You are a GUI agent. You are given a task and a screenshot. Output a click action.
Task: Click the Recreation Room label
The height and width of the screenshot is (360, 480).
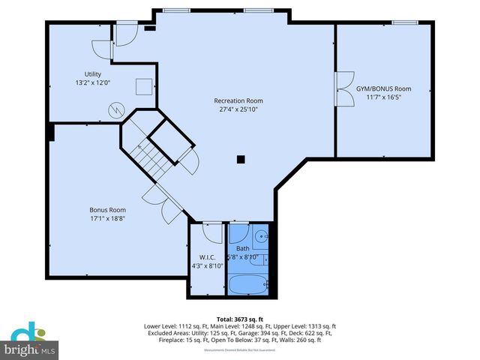(238, 100)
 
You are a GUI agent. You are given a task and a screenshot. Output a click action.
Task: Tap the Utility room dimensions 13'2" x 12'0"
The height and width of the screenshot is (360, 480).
(92, 82)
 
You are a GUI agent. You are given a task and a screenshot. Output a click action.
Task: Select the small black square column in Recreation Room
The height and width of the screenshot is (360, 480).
(241, 158)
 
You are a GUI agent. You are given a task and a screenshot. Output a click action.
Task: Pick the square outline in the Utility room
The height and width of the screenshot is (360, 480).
(144, 85)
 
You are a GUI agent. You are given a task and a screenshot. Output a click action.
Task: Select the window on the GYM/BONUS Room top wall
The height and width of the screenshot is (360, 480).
(405, 22)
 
